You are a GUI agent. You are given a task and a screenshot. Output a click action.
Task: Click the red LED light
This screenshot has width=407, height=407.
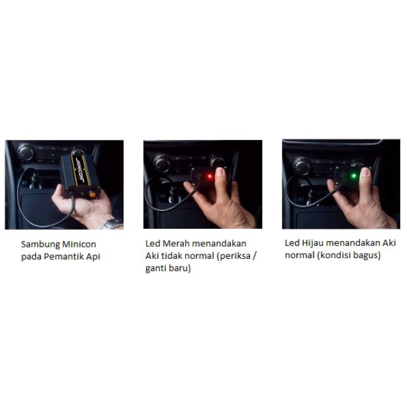210,177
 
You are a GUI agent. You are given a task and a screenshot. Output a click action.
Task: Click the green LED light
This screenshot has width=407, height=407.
354,176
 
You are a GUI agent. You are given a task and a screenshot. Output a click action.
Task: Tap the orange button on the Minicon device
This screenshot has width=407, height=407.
92,195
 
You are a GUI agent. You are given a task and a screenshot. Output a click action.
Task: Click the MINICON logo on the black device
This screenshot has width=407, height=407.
79,169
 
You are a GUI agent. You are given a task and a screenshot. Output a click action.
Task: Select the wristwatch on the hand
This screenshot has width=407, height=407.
112,224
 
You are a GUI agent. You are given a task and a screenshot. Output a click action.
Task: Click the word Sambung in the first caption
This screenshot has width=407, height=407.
41,244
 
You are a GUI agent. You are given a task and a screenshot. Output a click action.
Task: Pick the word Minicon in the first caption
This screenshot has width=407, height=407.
79,244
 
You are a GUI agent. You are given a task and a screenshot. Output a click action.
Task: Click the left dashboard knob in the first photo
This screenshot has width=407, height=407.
26,153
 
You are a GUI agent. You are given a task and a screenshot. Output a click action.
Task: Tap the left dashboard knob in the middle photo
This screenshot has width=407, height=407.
162,164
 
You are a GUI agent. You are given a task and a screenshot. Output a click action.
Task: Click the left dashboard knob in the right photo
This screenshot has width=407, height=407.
302,167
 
